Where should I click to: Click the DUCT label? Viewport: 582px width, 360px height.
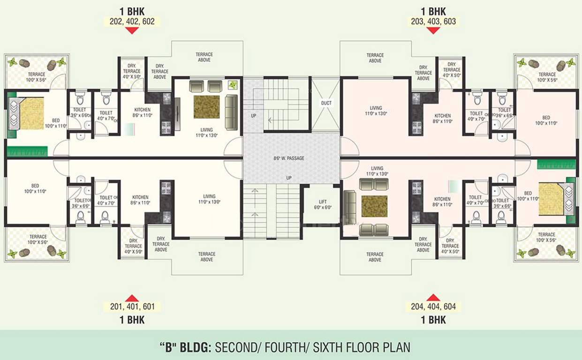(x=326, y=103)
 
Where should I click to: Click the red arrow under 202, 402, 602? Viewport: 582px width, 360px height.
(x=132, y=30)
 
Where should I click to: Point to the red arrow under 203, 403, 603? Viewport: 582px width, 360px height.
(x=432, y=30)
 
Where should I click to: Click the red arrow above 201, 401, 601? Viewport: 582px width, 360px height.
(x=132, y=298)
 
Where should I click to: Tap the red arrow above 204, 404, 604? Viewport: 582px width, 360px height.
(x=433, y=297)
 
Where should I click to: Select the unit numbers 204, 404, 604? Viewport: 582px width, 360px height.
(x=433, y=307)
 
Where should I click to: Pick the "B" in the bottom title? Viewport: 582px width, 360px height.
(x=166, y=347)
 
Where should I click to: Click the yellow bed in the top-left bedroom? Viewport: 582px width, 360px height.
(x=31, y=113)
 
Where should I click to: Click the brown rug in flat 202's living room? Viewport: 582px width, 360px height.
(x=206, y=107)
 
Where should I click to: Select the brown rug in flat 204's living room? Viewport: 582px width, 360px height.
(x=374, y=207)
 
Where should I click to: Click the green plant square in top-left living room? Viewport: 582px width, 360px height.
(x=233, y=85)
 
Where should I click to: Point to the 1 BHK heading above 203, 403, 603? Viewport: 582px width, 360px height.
(x=432, y=11)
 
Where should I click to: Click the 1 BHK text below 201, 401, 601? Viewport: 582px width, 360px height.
(x=132, y=320)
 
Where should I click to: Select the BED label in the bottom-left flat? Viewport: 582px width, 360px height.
(x=35, y=188)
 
